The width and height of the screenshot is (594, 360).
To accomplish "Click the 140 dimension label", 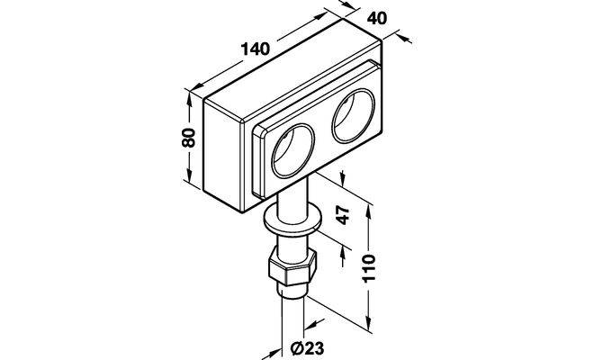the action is (256, 49).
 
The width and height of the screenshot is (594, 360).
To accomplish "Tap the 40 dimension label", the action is (377, 17).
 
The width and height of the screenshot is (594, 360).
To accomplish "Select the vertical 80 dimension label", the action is (188, 138).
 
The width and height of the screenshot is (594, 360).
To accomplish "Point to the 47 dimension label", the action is (343, 215).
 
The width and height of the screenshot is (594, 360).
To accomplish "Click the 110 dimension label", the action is (368, 268).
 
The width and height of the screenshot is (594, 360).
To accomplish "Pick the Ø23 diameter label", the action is (308, 347).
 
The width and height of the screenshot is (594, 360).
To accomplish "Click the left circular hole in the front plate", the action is (292, 150).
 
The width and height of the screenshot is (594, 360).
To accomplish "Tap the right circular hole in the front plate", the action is (353, 115).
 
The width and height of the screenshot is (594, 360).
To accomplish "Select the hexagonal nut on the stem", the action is (292, 267).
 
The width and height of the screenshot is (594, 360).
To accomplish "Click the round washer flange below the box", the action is (292, 220).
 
